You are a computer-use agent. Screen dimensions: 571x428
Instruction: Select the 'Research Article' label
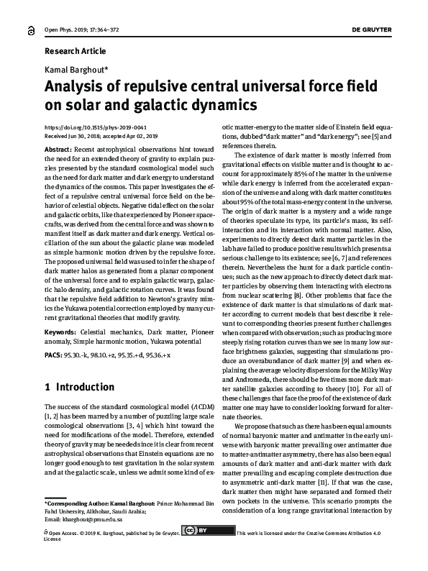click(x=75, y=51)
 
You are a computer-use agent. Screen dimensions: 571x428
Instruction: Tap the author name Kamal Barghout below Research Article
click(x=75, y=70)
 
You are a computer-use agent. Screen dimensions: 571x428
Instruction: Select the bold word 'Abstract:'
click(x=58, y=147)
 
